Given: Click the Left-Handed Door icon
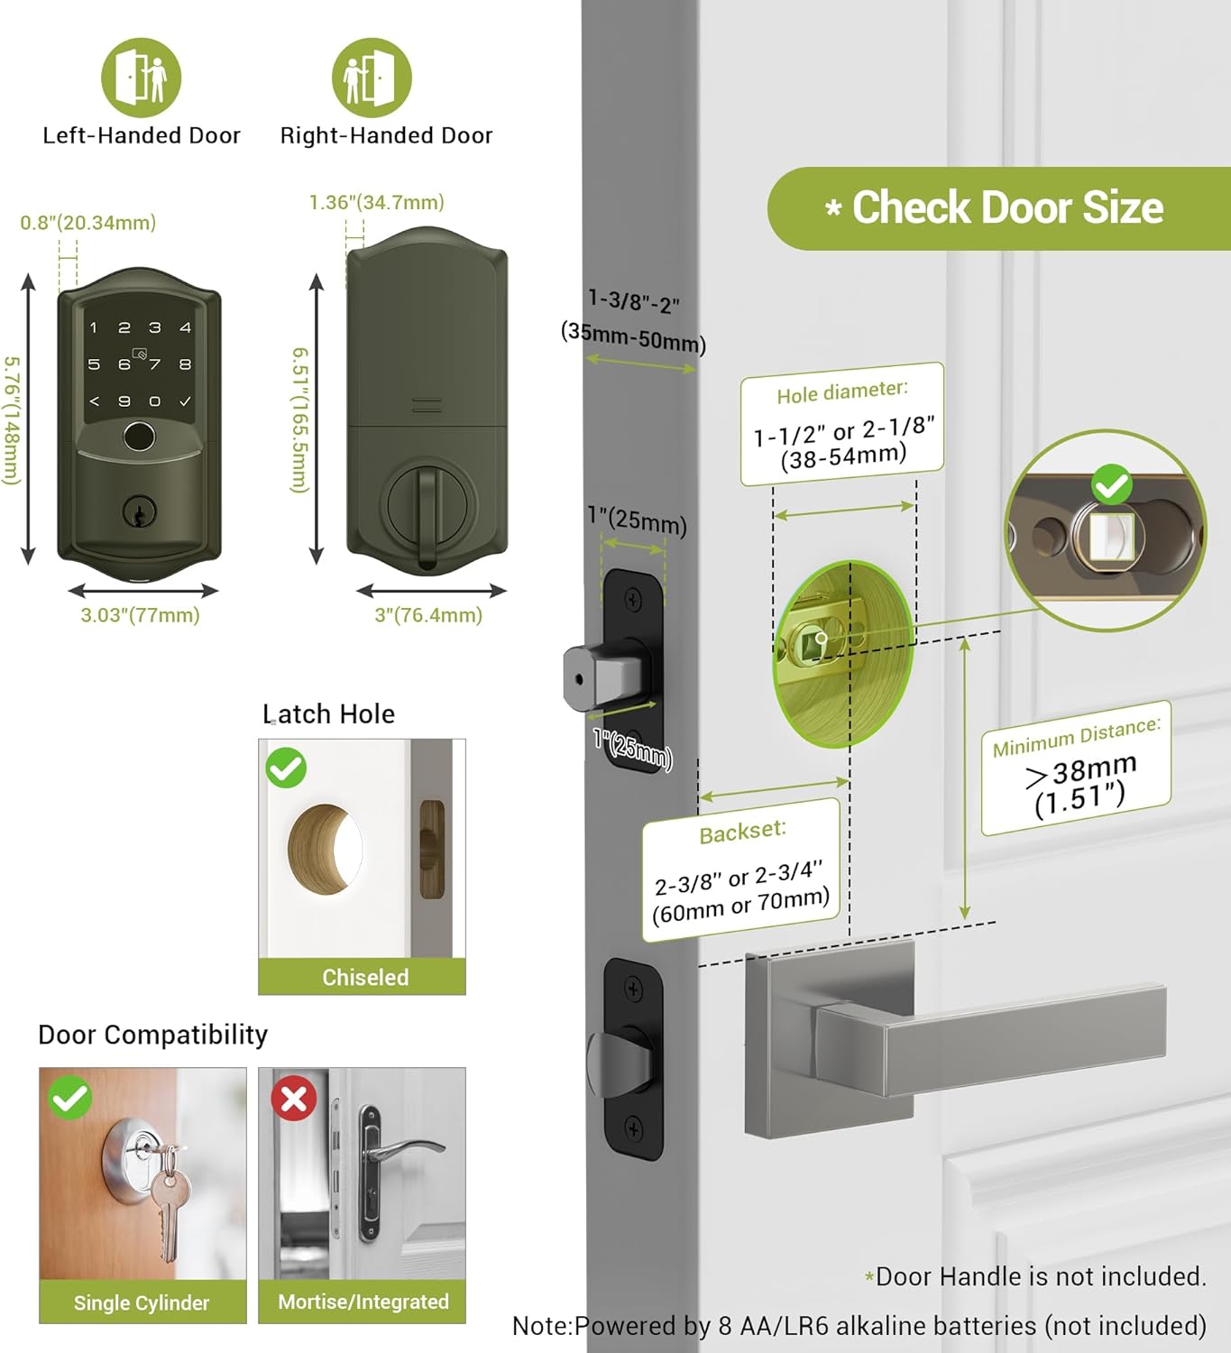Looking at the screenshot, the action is coord(141,78).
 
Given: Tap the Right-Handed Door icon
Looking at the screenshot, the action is coord(372,78).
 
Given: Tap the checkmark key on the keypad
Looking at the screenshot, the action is coord(186,401).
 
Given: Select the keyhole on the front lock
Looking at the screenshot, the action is coord(140,512).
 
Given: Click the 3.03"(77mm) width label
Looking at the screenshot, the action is coord(141,615).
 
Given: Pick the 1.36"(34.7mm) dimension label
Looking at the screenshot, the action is coord(376,202).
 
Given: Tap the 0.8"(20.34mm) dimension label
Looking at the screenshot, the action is coord(88,223).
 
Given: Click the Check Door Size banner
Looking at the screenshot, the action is coord(999,207).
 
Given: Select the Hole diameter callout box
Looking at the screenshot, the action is coord(841,424).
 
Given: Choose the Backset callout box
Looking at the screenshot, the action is coord(741,870).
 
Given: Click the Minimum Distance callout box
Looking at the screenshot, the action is coord(1077,769).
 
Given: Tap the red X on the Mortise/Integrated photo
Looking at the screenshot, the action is coord(293,1099).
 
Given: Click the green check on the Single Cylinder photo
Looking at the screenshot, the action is coord(70,1098).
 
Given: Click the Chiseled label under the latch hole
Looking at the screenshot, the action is coord(365,977).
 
